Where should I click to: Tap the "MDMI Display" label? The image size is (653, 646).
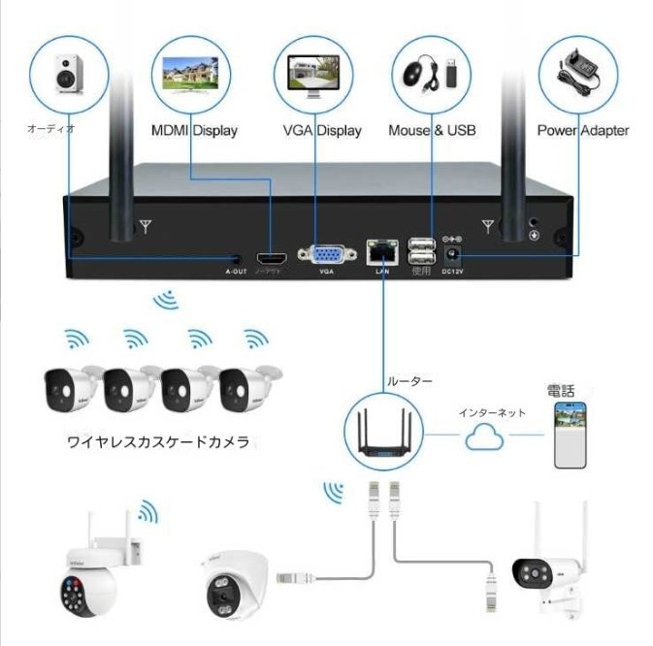pyautogui.click(x=194, y=130)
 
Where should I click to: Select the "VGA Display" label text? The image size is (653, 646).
pyautogui.click(x=321, y=130)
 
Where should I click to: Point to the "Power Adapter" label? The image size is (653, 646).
pyautogui.click(x=582, y=130)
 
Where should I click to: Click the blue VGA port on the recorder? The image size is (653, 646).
pyautogui.click(x=326, y=255)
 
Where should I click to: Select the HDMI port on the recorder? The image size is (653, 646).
pyautogui.click(x=273, y=258)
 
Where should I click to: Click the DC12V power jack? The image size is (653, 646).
pyautogui.click(x=451, y=254)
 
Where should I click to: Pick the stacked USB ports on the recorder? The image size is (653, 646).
pyautogui.click(x=420, y=251)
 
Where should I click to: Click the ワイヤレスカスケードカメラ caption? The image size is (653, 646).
pyautogui.click(x=158, y=442)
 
